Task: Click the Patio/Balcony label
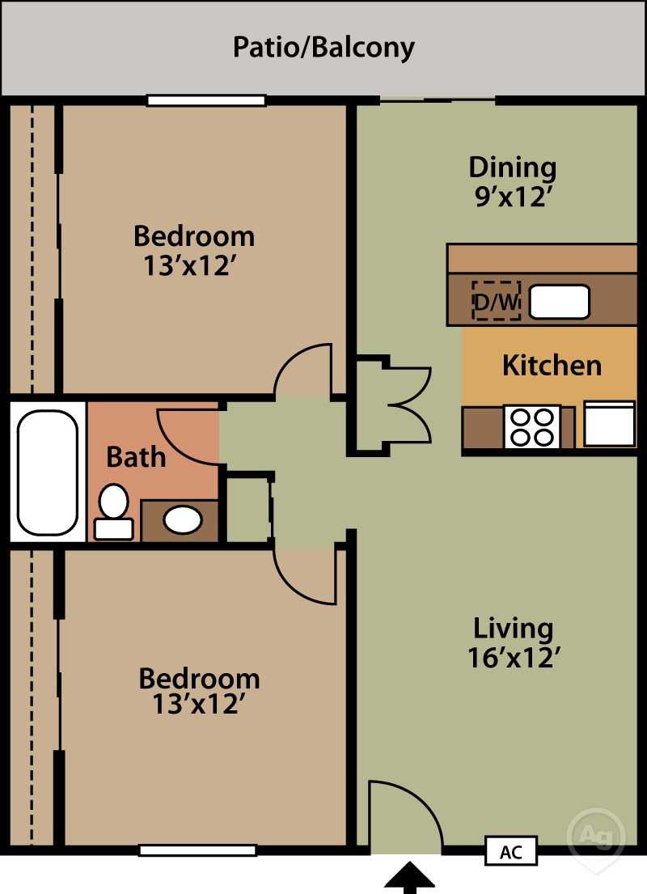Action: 323,47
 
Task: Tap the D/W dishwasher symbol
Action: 496,301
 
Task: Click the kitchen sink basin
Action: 560,302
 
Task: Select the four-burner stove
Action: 531,426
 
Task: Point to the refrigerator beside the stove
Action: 609,423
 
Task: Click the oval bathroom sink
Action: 183,519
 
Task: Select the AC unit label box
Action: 510,852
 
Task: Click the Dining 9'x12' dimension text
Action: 513,182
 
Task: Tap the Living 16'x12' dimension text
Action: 514,642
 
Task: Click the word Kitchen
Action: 552,365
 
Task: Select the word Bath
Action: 136,457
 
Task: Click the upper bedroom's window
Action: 206,101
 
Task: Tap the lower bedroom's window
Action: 198,850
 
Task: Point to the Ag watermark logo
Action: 596,833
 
